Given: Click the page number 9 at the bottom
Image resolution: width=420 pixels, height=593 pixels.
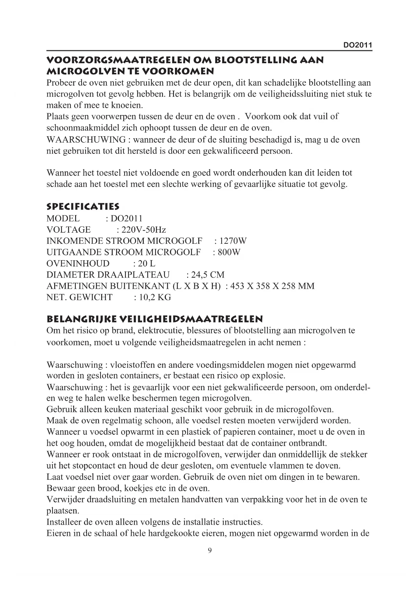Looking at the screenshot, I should pyautogui.click(x=210, y=551).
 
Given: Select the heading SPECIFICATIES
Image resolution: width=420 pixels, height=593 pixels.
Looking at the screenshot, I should pyautogui.click(x=83, y=206).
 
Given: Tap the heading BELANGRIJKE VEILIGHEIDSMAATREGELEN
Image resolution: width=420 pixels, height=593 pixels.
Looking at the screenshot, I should pyautogui.click(x=154, y=319).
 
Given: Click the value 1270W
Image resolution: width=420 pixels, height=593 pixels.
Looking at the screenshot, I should pyautogui.click(x=233, y=241).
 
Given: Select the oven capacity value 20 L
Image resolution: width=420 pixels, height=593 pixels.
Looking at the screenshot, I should pyautogui.click(x=147, y=264).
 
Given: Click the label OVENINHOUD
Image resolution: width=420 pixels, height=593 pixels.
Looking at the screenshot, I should pyautogui.click(x=78, y=264).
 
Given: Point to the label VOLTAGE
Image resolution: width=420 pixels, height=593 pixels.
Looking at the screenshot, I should pyautogui.click(x=68, y=230).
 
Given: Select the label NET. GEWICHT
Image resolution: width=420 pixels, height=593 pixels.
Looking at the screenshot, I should pyautogui.click(x=79, y=298).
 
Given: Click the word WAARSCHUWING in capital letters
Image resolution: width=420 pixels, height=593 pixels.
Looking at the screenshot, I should pyautogui.click(x=86, y=140).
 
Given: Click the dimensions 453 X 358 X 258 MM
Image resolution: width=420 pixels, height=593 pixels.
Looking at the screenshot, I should pyautogui.click(x=272, y=286).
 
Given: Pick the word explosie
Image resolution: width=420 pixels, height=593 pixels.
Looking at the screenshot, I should pyautogui.click(x=269, y=376).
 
